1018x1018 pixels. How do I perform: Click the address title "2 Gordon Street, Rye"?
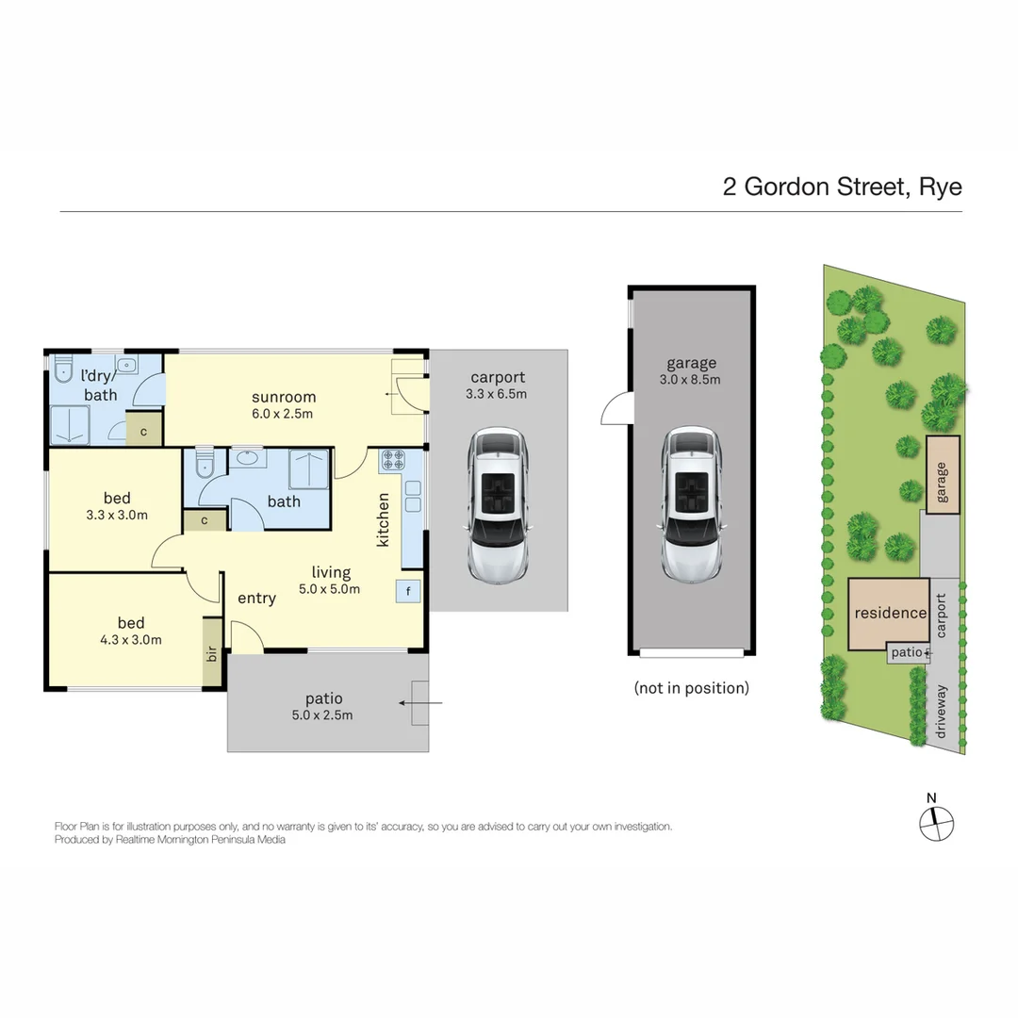pos(842,186)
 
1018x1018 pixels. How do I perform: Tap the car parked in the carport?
pos(500,504)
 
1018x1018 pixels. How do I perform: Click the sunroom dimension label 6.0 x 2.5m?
pos(284,413)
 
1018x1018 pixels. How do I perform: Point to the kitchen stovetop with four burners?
pos(392,461)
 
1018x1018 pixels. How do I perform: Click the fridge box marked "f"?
pos(408,591)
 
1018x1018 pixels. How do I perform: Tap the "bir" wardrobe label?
pos(212,652)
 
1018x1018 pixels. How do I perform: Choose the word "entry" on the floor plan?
pos(256,599)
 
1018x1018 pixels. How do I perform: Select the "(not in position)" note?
pos(692,687)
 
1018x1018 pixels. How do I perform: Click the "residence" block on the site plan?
pos(890,613)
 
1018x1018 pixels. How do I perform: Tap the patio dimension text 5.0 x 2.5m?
pos(323,714)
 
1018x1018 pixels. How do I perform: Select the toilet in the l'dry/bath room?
pos(64,369)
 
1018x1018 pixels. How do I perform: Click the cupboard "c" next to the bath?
pos(205,519)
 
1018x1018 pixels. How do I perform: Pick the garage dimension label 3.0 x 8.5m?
pos(692,380)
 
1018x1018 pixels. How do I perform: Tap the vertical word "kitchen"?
pos(383,519)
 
